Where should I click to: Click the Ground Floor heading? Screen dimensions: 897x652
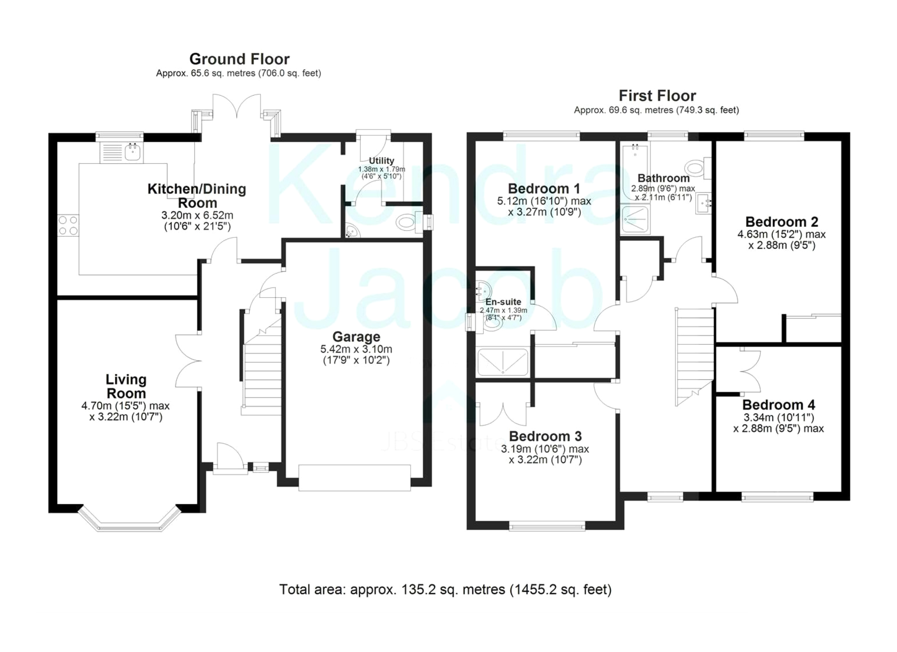[239, 59]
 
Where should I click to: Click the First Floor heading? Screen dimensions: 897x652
[657, 96]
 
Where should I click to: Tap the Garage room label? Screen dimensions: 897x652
[356, 337]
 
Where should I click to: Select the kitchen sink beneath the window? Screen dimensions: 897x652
[122, 152]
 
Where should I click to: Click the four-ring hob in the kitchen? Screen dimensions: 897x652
[68, 226]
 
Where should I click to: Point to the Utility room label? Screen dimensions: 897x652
[381, 161]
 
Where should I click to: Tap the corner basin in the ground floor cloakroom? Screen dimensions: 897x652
[351, 231]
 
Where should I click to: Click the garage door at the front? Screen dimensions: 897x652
[354, 478]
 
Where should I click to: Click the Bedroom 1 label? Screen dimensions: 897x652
[544, 188]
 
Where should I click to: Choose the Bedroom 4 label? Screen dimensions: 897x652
[779, 405]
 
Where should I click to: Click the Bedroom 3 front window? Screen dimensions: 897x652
[547, 526]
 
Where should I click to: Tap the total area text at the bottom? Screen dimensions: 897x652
[445, 590]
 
